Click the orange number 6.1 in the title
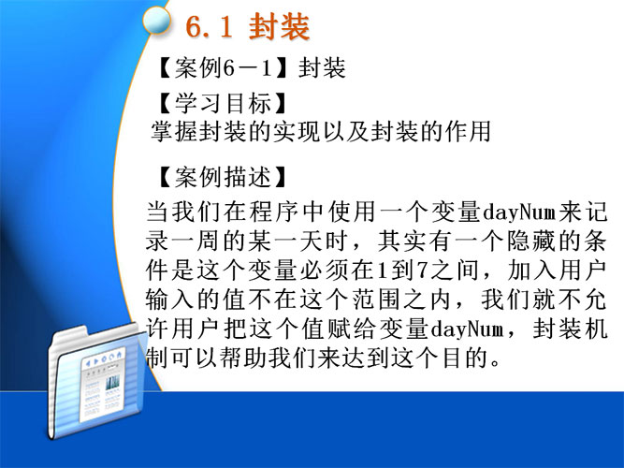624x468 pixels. [x=209, y=27]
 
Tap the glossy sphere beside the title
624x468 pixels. [x=157, y=21]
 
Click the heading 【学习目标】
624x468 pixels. [x=222, y=103]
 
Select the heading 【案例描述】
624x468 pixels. [x=222, y=177]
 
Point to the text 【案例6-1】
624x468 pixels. [x=222, y=67]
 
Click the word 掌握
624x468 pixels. [x=175, y=131]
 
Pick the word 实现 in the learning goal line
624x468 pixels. [x=297, y=131]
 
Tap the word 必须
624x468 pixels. [x=324, y=271]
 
